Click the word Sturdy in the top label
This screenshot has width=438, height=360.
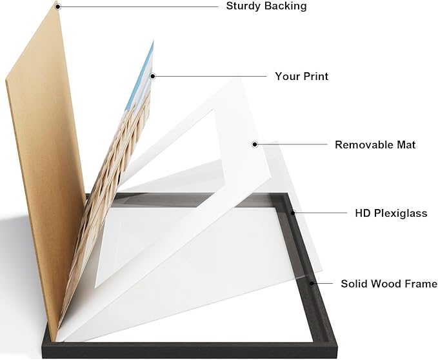click(x=241, y=6)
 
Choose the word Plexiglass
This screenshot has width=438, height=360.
click(x=401, y=214)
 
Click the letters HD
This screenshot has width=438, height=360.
click(x=363, y=213)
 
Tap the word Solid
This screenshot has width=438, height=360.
click(x=353, y=283)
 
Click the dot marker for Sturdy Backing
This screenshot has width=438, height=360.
click(x=57, y=6)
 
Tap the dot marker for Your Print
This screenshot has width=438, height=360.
click(x=152, y=76)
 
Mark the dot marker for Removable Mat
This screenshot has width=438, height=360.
click(x=254, y=145)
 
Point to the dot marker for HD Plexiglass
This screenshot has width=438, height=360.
click(x=293, y=213)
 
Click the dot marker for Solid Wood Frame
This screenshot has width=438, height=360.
click(x=312, y=283)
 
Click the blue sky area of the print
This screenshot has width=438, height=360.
click(x=142, y=75)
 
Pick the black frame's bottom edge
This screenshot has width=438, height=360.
click(x=190, y=350)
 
